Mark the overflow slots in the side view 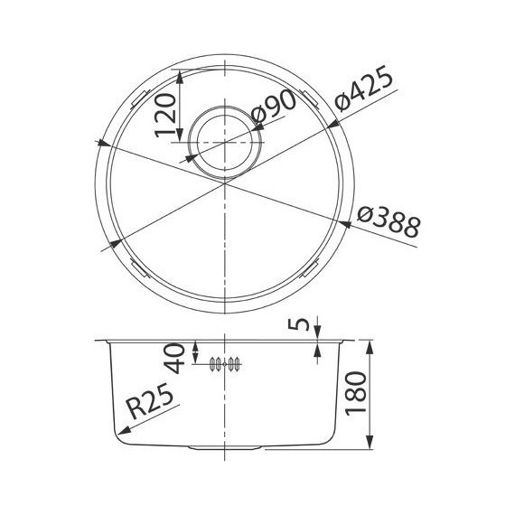pyautogui.click(x=224, y=364)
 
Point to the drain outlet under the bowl pyautogui.click(x=223, y=448)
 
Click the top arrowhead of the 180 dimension pyautogui.click(x=370, y=347)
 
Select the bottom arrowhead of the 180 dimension pyautogui.click(x=370, y=445)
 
